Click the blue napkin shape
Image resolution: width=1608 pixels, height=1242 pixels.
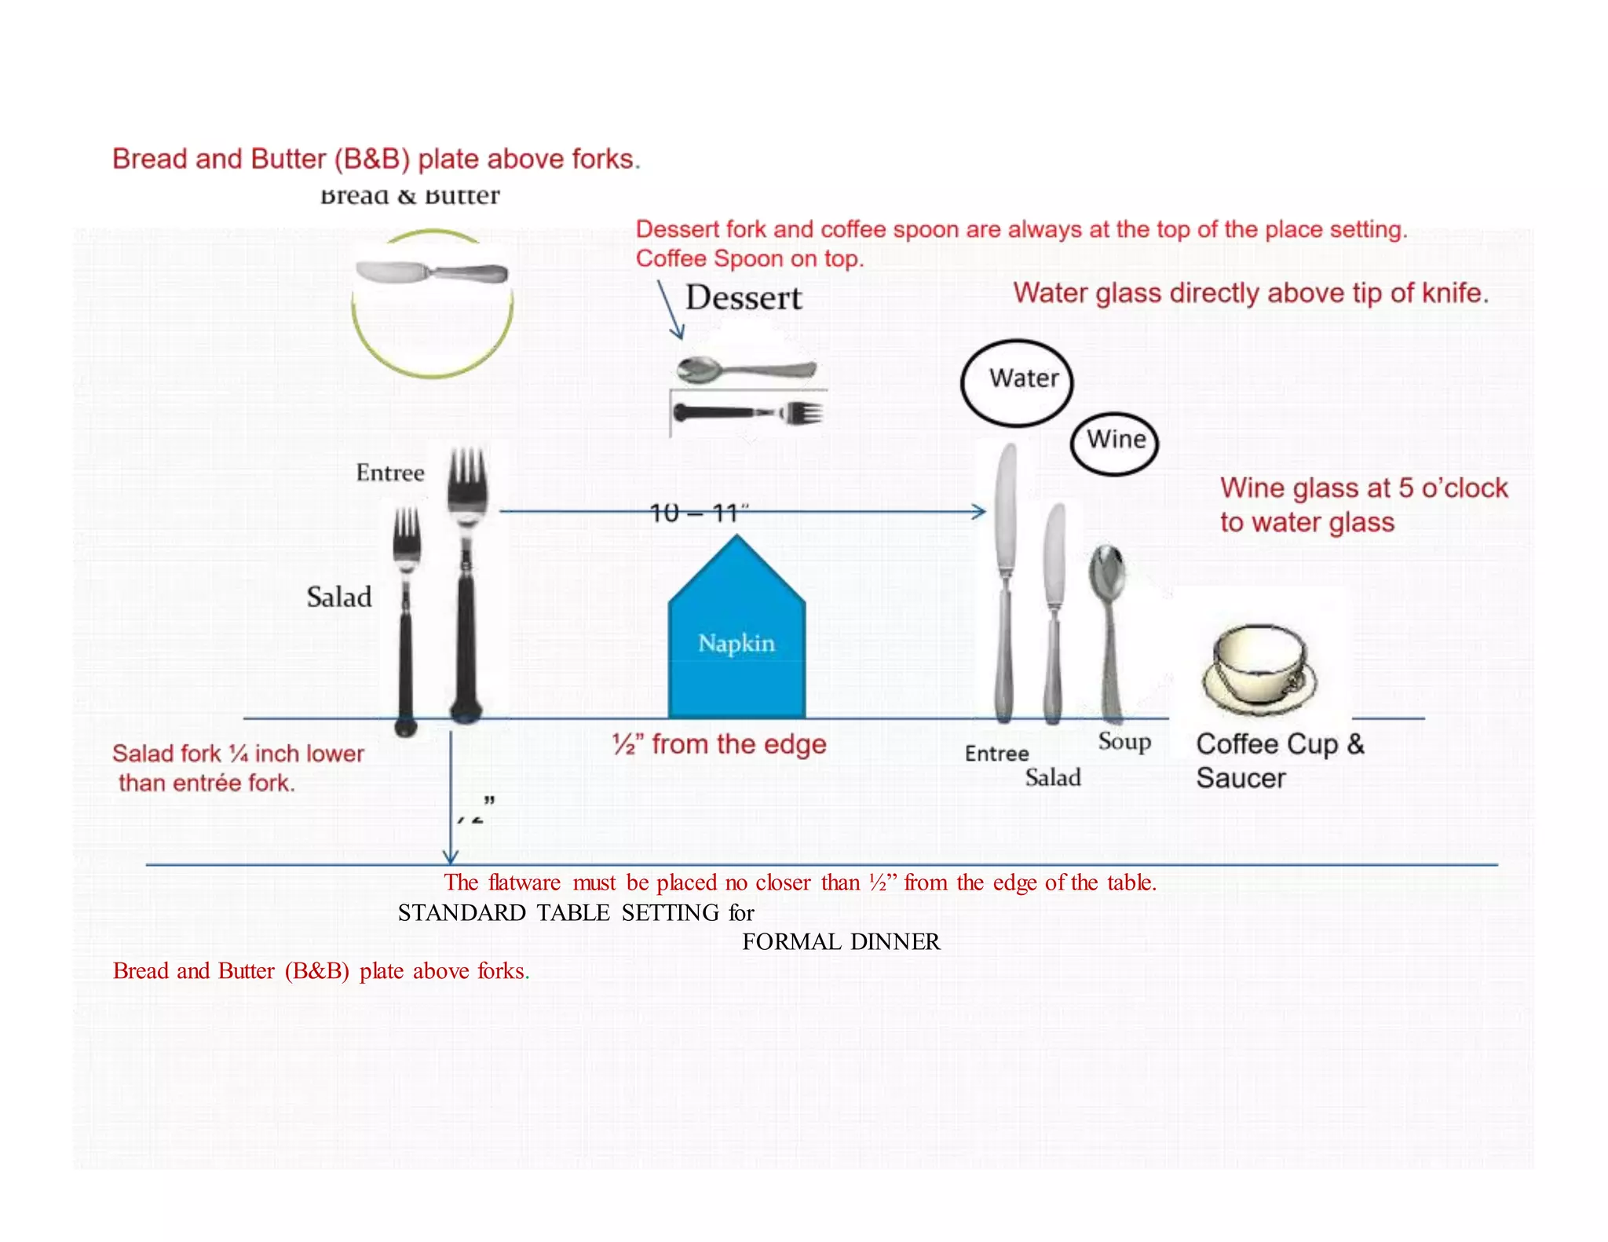coord(736,636)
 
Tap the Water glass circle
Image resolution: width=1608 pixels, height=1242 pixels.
coord(1017,382)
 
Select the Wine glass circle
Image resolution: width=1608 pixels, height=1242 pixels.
coord(1114,443)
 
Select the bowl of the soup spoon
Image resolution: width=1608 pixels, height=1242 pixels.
coord(1106,572)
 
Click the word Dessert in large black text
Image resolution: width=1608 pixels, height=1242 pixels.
coord(743,298)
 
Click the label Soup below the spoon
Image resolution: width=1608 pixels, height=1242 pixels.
coord(1124,741)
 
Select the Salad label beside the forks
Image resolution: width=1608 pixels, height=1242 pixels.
coord(338,597)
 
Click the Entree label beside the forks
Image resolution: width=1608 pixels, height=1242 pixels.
coord(389,473)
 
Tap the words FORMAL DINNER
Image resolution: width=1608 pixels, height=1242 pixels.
coord(840,941)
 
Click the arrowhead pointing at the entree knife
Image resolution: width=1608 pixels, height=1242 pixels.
coord(979,512)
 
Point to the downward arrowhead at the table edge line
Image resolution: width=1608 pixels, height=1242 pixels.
coord(450,857)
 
